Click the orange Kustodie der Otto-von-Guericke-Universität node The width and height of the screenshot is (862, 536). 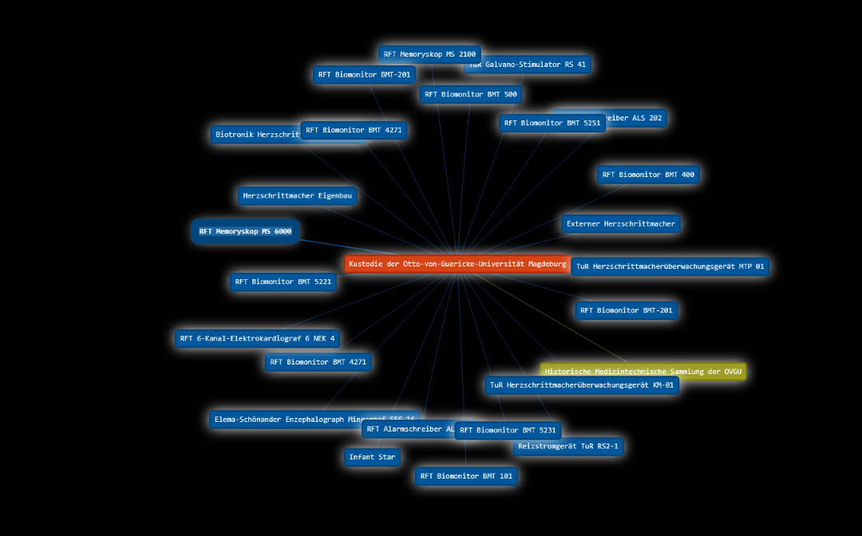(x=457, y=264)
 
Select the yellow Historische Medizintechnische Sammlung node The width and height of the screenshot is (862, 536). (x=643, y=372)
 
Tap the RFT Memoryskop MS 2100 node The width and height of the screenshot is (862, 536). (x=429, y=54)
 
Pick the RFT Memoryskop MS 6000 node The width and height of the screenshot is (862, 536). (x=245, y=231)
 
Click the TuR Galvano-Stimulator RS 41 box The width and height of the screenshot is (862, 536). (x=543, y=65)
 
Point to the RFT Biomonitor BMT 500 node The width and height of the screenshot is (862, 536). (x=471, y=94)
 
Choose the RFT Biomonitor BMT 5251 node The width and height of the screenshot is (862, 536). (x=552, y=124)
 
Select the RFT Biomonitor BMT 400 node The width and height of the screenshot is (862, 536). (x=648, y=175)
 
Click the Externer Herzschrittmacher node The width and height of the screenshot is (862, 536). (x=620, y=224)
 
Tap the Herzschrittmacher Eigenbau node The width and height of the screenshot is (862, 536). (x=297, y=196)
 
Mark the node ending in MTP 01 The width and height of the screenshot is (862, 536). (x=670, y=266)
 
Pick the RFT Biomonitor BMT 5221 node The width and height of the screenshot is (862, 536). (x=283, y=282)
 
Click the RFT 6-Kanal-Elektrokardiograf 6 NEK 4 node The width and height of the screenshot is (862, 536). (x=257, y=339)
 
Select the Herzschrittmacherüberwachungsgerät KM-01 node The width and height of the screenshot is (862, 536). (x=582, y=386)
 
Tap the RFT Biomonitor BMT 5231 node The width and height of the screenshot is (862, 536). (x=508, y=431)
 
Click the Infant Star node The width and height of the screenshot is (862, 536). (x=372, y=457)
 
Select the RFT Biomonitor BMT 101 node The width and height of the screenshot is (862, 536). (x=466, y=476)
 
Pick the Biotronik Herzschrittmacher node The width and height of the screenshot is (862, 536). (x=255, y=135)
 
